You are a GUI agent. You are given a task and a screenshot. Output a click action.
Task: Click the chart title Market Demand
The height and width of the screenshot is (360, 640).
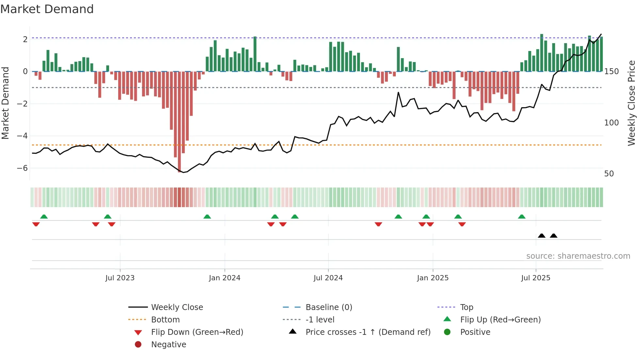pyautogui.click(x=47, y=9)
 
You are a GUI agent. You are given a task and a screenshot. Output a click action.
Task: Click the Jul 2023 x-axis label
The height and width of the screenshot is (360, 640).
pyautogui.click(x=120, y=278)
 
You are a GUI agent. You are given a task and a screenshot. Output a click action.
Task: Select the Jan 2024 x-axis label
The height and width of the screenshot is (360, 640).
pyautogui.click(x=225, y=278)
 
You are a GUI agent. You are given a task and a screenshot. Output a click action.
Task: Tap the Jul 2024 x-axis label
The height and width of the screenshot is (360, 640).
pyautogui.click(x=328, y=278)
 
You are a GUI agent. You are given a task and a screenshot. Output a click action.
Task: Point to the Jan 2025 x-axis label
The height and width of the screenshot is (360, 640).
pyautogui.click(x=433, y=278)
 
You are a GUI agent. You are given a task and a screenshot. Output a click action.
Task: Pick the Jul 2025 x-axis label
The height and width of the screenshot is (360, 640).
pyautogui.click(x=536, y=278)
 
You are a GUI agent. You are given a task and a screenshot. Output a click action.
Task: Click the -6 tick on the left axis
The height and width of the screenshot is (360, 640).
pyautogui.click(x=22, y=168)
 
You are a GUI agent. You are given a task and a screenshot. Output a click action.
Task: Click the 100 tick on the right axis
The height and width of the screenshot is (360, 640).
pyautogui.click(x=611, y=123)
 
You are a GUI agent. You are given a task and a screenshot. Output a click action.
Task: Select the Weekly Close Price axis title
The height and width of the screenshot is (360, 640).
pyautogui.click(x=632, y=103)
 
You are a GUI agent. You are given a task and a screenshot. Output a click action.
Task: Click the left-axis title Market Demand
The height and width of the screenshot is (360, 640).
pyautogui.click(x=5, y=103)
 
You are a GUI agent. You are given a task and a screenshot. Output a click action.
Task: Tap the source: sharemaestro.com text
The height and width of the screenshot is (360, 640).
pyautogui.click(x=578, y=256)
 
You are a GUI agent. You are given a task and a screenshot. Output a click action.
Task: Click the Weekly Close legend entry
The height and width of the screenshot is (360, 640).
pyautogui.click(x=177, y=307)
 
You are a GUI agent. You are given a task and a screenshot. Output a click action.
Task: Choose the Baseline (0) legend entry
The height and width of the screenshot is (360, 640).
pyautogui.click(x=329, y=307)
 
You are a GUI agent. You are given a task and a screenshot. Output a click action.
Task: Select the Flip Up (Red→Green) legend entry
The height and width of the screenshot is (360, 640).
pyautogui.click(x=500, y=320)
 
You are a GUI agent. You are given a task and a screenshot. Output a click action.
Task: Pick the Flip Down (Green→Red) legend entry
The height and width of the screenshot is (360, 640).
pyautogui.click(x=197, y=332)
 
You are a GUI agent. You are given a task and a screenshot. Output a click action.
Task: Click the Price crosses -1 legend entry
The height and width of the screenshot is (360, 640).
pyautogui.click(x=368, y=332)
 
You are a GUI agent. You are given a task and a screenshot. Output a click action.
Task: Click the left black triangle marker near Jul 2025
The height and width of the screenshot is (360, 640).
pyautogui.click(x=542, y=236)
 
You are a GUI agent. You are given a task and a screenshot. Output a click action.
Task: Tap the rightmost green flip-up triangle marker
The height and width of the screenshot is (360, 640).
pyautogui.click(x=522, y=217)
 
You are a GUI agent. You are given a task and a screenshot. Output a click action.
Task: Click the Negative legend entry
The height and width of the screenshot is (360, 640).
pyautogui.click(x=168, y=345)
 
